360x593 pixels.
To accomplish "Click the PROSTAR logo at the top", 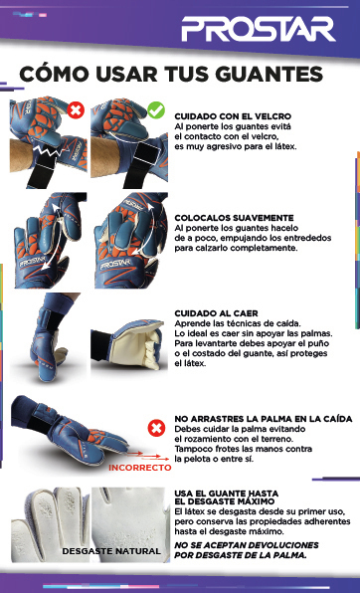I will (271, 28).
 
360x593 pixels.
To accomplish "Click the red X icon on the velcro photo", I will (75, 109).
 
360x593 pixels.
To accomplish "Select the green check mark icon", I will (155, 109).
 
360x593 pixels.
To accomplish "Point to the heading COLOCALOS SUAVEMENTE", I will (234, 217).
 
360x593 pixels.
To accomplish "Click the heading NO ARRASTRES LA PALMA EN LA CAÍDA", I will (263, 419).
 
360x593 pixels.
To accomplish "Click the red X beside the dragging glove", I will (155, 428).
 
